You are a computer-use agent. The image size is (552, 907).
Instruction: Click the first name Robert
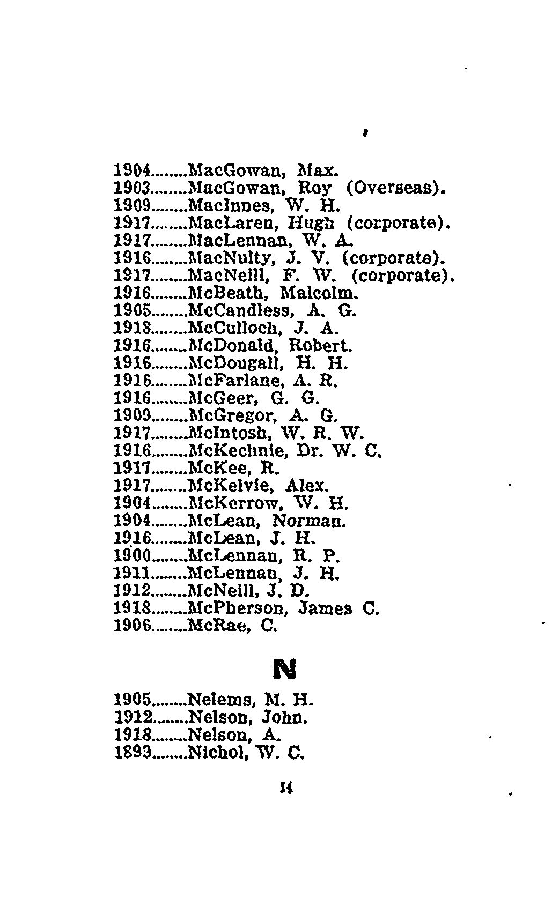click(x=320, y=346)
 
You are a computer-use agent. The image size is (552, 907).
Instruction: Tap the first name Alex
click(x=306, y=486)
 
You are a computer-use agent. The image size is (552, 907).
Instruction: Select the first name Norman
click(x=309, y=521)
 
